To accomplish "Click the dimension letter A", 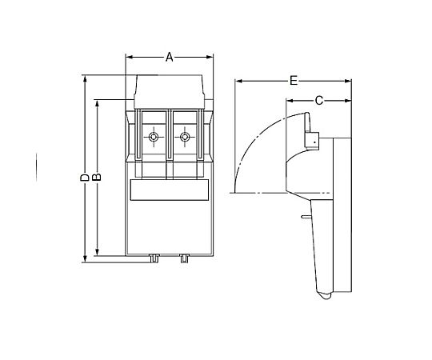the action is click(x=169, y=58).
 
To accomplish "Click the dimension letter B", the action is click(x=97, y=177).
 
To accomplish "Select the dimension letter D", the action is click(x=85, y=178).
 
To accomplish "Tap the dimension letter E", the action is click(x=294, y=81).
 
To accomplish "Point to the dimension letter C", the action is click(x=318, y=101).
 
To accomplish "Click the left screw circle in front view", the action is click(x=153, y=137).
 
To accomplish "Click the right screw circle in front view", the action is click(x=184, y=137).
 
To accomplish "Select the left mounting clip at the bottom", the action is click(x=154, y=258).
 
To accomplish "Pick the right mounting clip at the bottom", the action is click(x=184, y=258).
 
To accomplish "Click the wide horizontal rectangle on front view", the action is click(x=169, y=190).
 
